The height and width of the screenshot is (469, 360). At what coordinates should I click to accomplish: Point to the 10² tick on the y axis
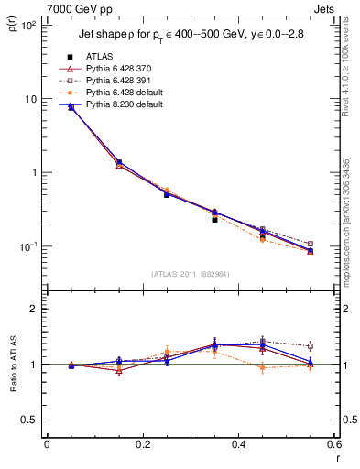tap(29, 26)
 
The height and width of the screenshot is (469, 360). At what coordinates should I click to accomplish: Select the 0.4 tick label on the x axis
tap(239, 444)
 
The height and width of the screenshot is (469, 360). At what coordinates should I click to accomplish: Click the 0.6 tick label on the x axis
tap(333, 444)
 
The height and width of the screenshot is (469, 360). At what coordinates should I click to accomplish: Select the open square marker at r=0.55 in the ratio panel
tap(311, 346)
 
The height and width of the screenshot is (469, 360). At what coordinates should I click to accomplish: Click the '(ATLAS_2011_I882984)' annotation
tap(191, 274)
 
